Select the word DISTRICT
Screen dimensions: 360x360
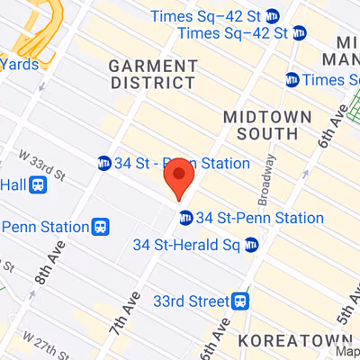tap(151, 82)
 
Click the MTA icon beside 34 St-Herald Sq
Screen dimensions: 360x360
tap(251, 245)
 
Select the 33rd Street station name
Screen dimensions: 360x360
tap(191, 300)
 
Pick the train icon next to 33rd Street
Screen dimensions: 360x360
tap(240, 300)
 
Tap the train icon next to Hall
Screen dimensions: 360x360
tap(38, 184)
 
